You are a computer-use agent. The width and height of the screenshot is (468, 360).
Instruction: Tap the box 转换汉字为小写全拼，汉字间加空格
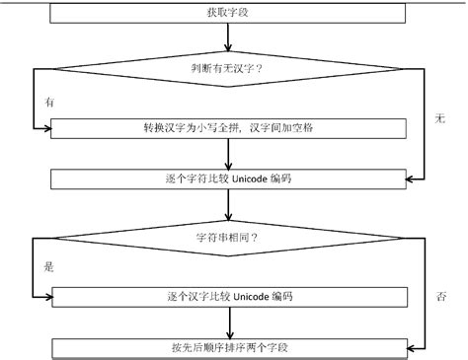coord(229,127)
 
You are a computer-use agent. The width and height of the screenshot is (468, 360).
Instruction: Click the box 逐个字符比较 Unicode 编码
coord(229,180)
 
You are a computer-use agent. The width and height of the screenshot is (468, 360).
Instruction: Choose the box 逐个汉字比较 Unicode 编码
coord(229,295)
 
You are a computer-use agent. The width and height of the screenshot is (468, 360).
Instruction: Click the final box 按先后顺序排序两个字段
coord(229,347)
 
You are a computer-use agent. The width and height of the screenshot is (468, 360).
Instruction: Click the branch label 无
coord(440,118)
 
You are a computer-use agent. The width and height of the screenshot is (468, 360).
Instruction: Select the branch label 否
coord(440,295)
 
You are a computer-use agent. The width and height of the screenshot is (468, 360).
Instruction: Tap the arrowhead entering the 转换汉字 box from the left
coord(46,127)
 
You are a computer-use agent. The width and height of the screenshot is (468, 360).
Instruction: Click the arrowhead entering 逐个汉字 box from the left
coord(46,295)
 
